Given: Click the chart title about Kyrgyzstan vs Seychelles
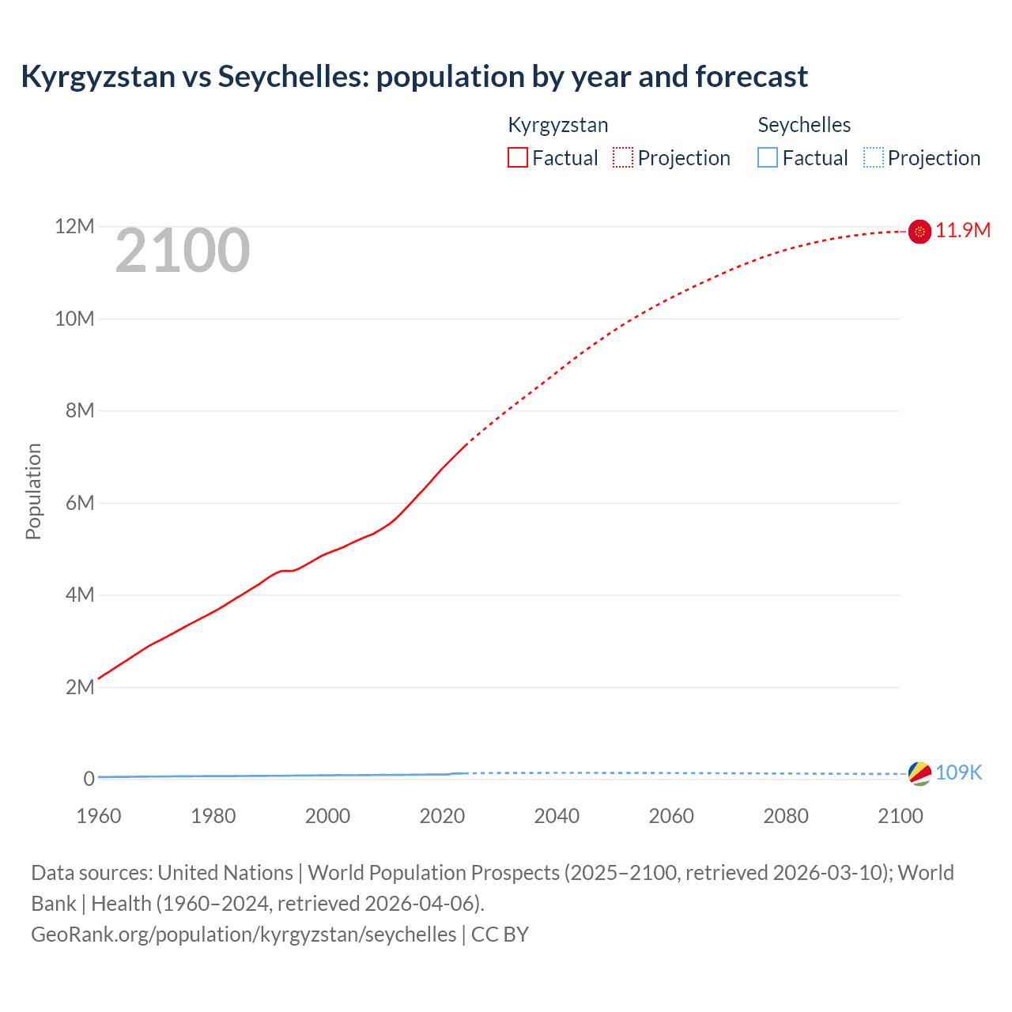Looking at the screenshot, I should pos(414,77).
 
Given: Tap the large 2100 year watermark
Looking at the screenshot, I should pos(183,251).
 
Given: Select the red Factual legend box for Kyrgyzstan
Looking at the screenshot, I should pos(518,158).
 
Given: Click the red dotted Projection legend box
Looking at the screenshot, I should pos(623,158).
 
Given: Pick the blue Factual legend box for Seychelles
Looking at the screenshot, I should pos(768,158).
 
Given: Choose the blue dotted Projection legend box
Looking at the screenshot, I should pos(874,158).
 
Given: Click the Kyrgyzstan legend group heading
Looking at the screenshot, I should pos(558,125).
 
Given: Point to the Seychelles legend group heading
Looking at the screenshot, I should pos(804,125).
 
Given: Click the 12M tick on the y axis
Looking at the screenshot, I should pos(74,227).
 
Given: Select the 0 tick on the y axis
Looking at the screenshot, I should pos(89,779).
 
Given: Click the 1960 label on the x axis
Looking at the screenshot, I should pos(99,816).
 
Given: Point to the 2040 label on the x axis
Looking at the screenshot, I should pos(557,816).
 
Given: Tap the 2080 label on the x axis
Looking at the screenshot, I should pos(786,816).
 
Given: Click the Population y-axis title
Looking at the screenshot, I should pos(33,491).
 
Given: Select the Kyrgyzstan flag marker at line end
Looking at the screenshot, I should pos(919,231).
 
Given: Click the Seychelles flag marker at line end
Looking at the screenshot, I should pos(919,774).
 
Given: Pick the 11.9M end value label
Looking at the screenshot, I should pos(963,230).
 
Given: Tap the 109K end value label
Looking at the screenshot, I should pos(958,773).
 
